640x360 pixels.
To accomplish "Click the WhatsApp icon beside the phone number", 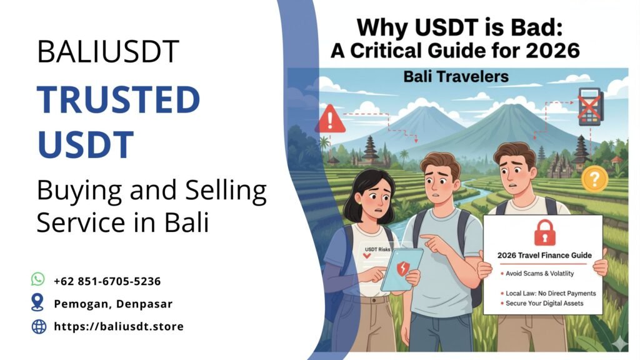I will [x=38, y=280].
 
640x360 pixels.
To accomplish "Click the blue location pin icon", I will [x=38, y=303].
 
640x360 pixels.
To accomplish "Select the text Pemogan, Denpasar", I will [x=113, y=304].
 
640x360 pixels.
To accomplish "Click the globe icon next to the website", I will [x=39, y=326].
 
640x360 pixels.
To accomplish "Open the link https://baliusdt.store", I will [x=119, y=326].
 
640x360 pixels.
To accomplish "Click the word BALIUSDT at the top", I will [x=108, y=52].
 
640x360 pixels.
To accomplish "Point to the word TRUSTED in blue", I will [x=118, y=99].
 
